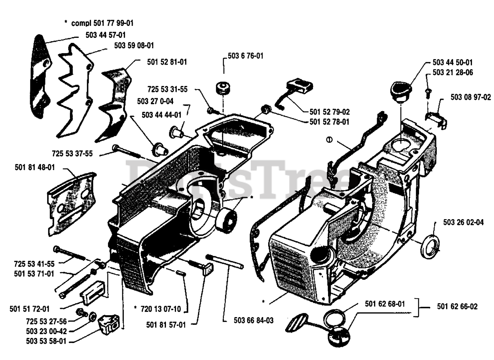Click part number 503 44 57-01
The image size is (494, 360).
105,35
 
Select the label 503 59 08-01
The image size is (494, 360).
134,46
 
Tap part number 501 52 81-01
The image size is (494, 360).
167,62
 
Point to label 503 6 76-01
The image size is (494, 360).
245,56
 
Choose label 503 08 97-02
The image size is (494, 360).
470,97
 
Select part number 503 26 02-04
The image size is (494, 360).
463,222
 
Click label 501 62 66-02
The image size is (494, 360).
457,307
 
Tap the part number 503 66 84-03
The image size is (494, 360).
254,320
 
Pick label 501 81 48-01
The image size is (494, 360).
35,167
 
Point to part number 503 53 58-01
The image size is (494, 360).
46,341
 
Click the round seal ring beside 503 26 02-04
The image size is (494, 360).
430,246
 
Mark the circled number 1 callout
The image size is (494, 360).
329,140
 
